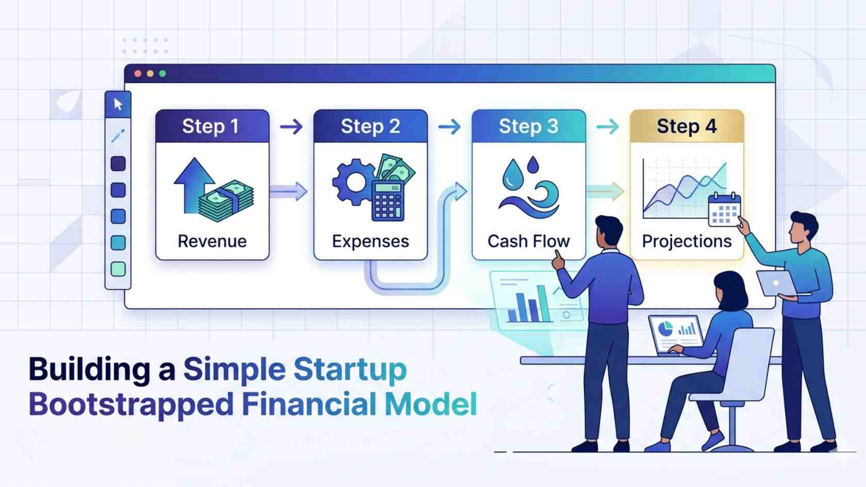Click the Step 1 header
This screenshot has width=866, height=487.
(212, 126)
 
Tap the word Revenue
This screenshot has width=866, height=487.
(212, 241)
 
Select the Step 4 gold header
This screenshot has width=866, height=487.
(687, 126)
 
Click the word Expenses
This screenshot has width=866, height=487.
(370, 241)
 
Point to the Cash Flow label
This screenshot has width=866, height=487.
(528, 241)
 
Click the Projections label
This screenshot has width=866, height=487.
(687, 241)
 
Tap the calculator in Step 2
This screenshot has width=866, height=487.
(388, 201)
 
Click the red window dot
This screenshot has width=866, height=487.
(138, 74)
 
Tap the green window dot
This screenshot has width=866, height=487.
(162, 74)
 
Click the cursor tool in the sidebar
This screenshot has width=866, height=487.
(118, 104)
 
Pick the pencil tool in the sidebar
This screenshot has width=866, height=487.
(118, 136)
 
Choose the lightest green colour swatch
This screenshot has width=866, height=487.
(118, 269)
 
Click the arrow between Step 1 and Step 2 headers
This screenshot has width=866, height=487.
(291, 126)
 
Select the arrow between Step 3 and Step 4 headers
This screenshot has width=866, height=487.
(607, 126)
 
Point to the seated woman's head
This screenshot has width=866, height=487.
(729, 290)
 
